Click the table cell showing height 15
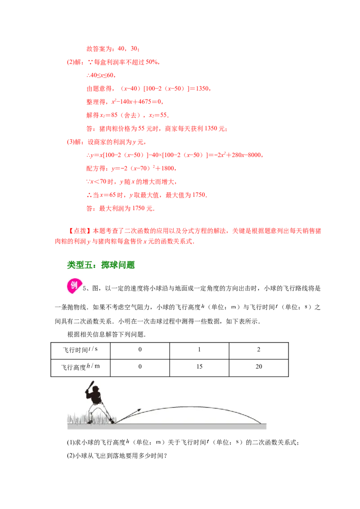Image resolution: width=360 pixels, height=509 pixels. pyautogui.click(x=199, y=368)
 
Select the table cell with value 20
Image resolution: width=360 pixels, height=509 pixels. pyautogui.click(x=259, y=368)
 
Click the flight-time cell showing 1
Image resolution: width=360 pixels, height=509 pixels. pyautogui.click(x=199, y=351)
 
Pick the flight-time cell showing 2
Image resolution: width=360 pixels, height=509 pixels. pyautogui.click(x=259, y=351)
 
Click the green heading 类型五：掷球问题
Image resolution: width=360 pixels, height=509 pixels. pyautogui.click(x=101, y=265)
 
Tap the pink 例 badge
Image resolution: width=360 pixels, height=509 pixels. pyautogui.click(x=74, y=286)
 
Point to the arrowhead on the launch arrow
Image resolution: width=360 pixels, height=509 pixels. pyautogui.click(x=139, y=410)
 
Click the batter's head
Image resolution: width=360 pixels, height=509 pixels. pyautogui.click(x=95, y=389)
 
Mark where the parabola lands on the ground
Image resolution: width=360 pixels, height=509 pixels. pyautogui.click(x=261, y=423)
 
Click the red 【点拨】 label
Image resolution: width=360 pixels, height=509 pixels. pyautogui.click(x=80, y=231)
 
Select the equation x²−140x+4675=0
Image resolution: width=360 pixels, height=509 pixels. pyautogui.click(x=137, y=102)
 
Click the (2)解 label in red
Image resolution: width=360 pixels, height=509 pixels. pyautogui.click(x=75, y=62)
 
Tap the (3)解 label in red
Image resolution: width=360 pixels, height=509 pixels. pyautogui.click(x=75, y=142)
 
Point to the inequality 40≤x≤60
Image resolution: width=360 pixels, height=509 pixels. pyautogui.click(x=101, y=75)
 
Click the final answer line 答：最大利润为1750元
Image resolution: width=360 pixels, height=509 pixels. pyautogui.click(x=120, y=208)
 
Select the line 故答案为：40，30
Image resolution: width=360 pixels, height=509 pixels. pyautogui.click(x=113, y=49)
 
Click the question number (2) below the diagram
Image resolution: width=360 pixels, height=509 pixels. pyautogui.click(x=71, y=455)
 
